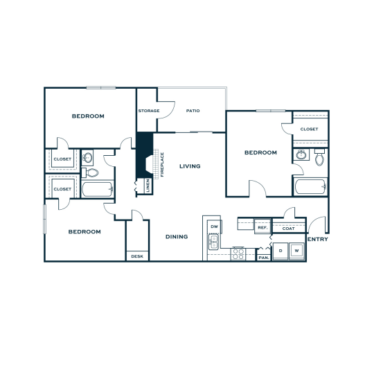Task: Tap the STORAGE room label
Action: point(149,111)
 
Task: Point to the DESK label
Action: point(137,256)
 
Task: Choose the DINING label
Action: point(177,237)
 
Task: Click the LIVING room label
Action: point(190,166)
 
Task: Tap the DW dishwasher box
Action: point(214,226)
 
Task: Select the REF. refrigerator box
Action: point(262,227)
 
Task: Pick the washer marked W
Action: point(296,250)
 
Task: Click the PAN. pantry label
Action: point(263,257)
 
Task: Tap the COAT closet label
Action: point(289,227)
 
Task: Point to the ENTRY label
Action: point(318,240)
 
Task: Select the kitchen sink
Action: point(213,242)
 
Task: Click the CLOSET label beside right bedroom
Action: point(309,129)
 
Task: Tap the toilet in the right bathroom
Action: point(319,159)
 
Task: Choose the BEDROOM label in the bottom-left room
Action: point(84,231)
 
